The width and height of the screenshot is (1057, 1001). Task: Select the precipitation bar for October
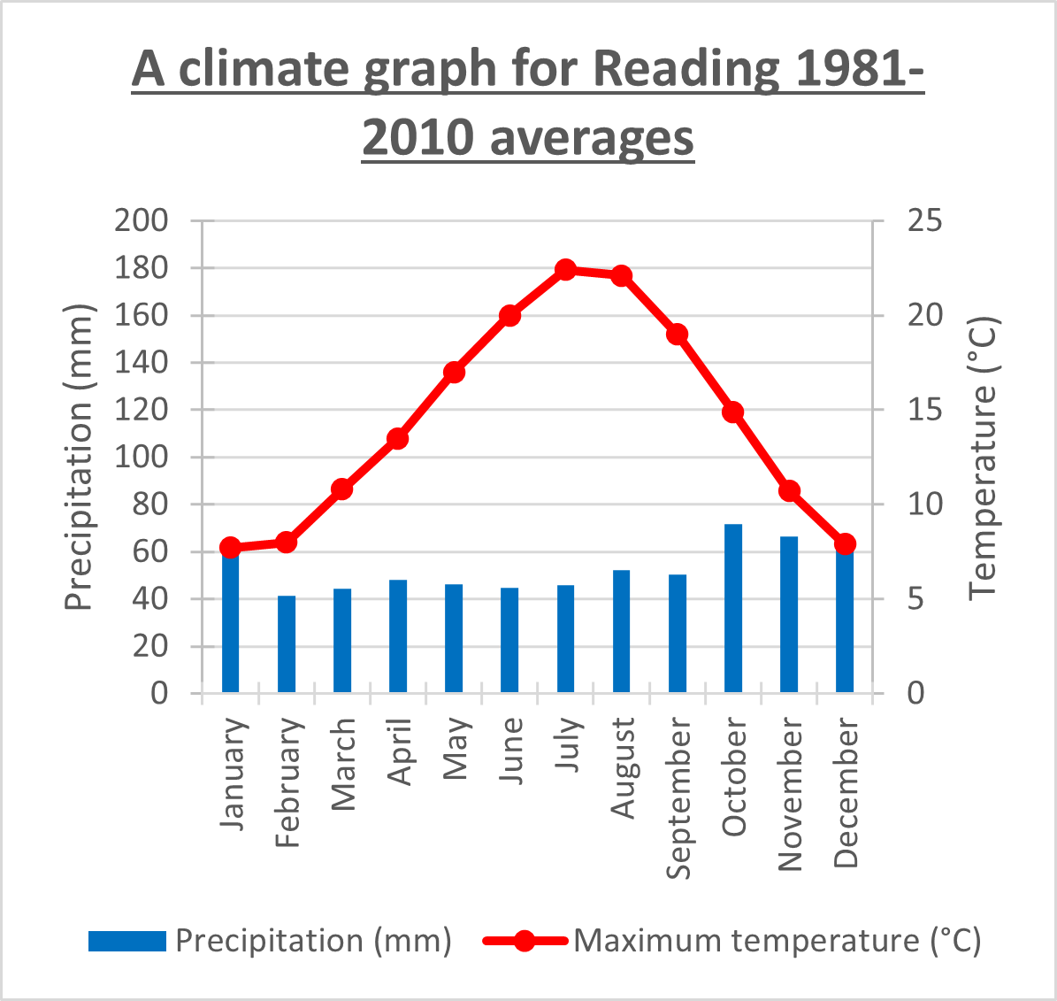(733, 608)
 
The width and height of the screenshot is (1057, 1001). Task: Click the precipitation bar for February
(287, 644)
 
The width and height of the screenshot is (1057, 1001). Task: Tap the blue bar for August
(622, 631)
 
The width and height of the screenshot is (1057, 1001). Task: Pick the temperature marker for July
(566, 270)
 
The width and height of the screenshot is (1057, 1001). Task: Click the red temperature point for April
(398, 438)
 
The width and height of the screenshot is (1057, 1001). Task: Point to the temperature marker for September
(678, 335)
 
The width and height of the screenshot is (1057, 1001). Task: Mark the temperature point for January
(231, 547)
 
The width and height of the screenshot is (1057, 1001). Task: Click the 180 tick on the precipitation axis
(142, 267)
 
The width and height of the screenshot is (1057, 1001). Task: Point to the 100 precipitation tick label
(142, 457)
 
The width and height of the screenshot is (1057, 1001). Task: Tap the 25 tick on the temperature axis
(925, 220)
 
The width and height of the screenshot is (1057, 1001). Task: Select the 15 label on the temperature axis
(925, 410)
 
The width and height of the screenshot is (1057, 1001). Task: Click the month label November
(789, 795)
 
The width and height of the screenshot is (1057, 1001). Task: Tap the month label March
(343, 764)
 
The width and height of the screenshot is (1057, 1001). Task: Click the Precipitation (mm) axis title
(80, 457)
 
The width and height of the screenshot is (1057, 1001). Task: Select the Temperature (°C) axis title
(983, 457)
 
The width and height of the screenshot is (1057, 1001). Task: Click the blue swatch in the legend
(126, 941)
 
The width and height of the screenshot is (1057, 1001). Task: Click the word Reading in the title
(686, 69)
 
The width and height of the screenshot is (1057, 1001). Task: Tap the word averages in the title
(592, 138)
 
